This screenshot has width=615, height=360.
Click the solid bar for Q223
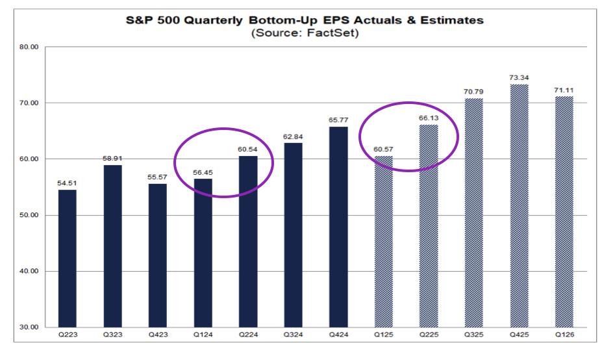click(67, 258)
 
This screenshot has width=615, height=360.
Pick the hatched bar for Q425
click(519, 205)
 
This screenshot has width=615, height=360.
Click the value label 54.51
click(67, 183)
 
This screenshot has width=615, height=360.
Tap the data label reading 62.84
click(293, 136)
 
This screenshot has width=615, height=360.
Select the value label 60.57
click(383, 149)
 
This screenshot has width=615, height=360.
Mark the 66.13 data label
click(429, 118)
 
